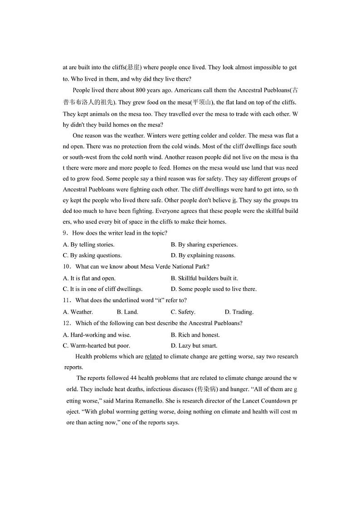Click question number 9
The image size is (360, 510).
[66, 233]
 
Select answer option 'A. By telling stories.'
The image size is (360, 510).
[88, 245]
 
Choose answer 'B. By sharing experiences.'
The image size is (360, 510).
[204, 245]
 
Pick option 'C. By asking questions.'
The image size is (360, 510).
[92, 255]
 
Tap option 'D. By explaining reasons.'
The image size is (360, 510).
[203, 255]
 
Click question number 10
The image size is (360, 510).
[67, 267]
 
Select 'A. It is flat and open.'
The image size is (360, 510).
[89, 278]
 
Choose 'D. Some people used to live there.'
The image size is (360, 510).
[214, 289]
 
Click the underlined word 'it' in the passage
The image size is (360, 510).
[234, 200]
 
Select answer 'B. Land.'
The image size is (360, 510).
[127, 312]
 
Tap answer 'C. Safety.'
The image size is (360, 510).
[183, 312]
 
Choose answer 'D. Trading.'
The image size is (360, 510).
[239, 312]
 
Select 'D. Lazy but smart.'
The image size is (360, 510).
[194, 346]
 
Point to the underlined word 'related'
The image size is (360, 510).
[153, 357]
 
